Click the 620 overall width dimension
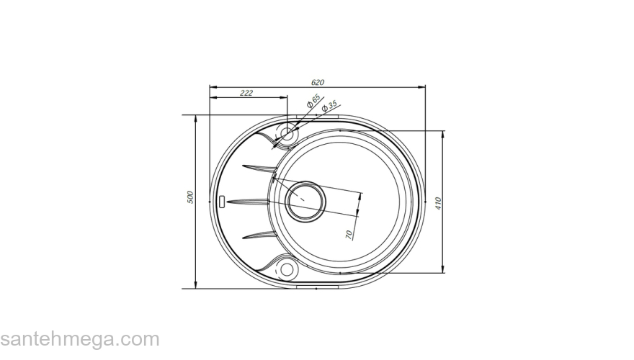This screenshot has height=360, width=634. (x=318, y=83)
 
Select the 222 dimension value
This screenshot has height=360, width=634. (x=246, y=93)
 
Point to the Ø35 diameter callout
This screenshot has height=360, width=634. (x=329, y=107)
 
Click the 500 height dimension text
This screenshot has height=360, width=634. (x=190, y=197)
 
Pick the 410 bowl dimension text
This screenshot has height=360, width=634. (x=437, y=202)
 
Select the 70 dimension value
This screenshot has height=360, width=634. (x=349, y=234)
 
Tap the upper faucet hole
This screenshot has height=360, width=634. (x=287, y=134)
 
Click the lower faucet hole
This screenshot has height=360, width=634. (x=287, y=269)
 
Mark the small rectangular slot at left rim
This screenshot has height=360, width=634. (x=222, y=199)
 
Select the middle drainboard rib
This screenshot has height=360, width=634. (x=249, y=200)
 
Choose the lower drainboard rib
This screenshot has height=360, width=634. (x=259, y=234)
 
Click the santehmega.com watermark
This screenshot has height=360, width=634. (x=79, y=339)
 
